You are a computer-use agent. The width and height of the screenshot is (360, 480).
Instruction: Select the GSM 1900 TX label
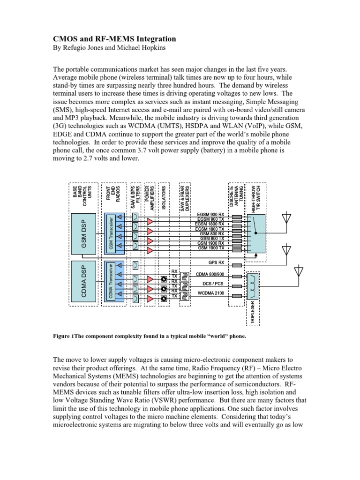click(211, 248)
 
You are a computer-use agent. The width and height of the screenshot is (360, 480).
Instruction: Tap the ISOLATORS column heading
click(164, 197)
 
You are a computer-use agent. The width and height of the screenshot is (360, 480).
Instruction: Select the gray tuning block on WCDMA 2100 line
click(237, 295)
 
